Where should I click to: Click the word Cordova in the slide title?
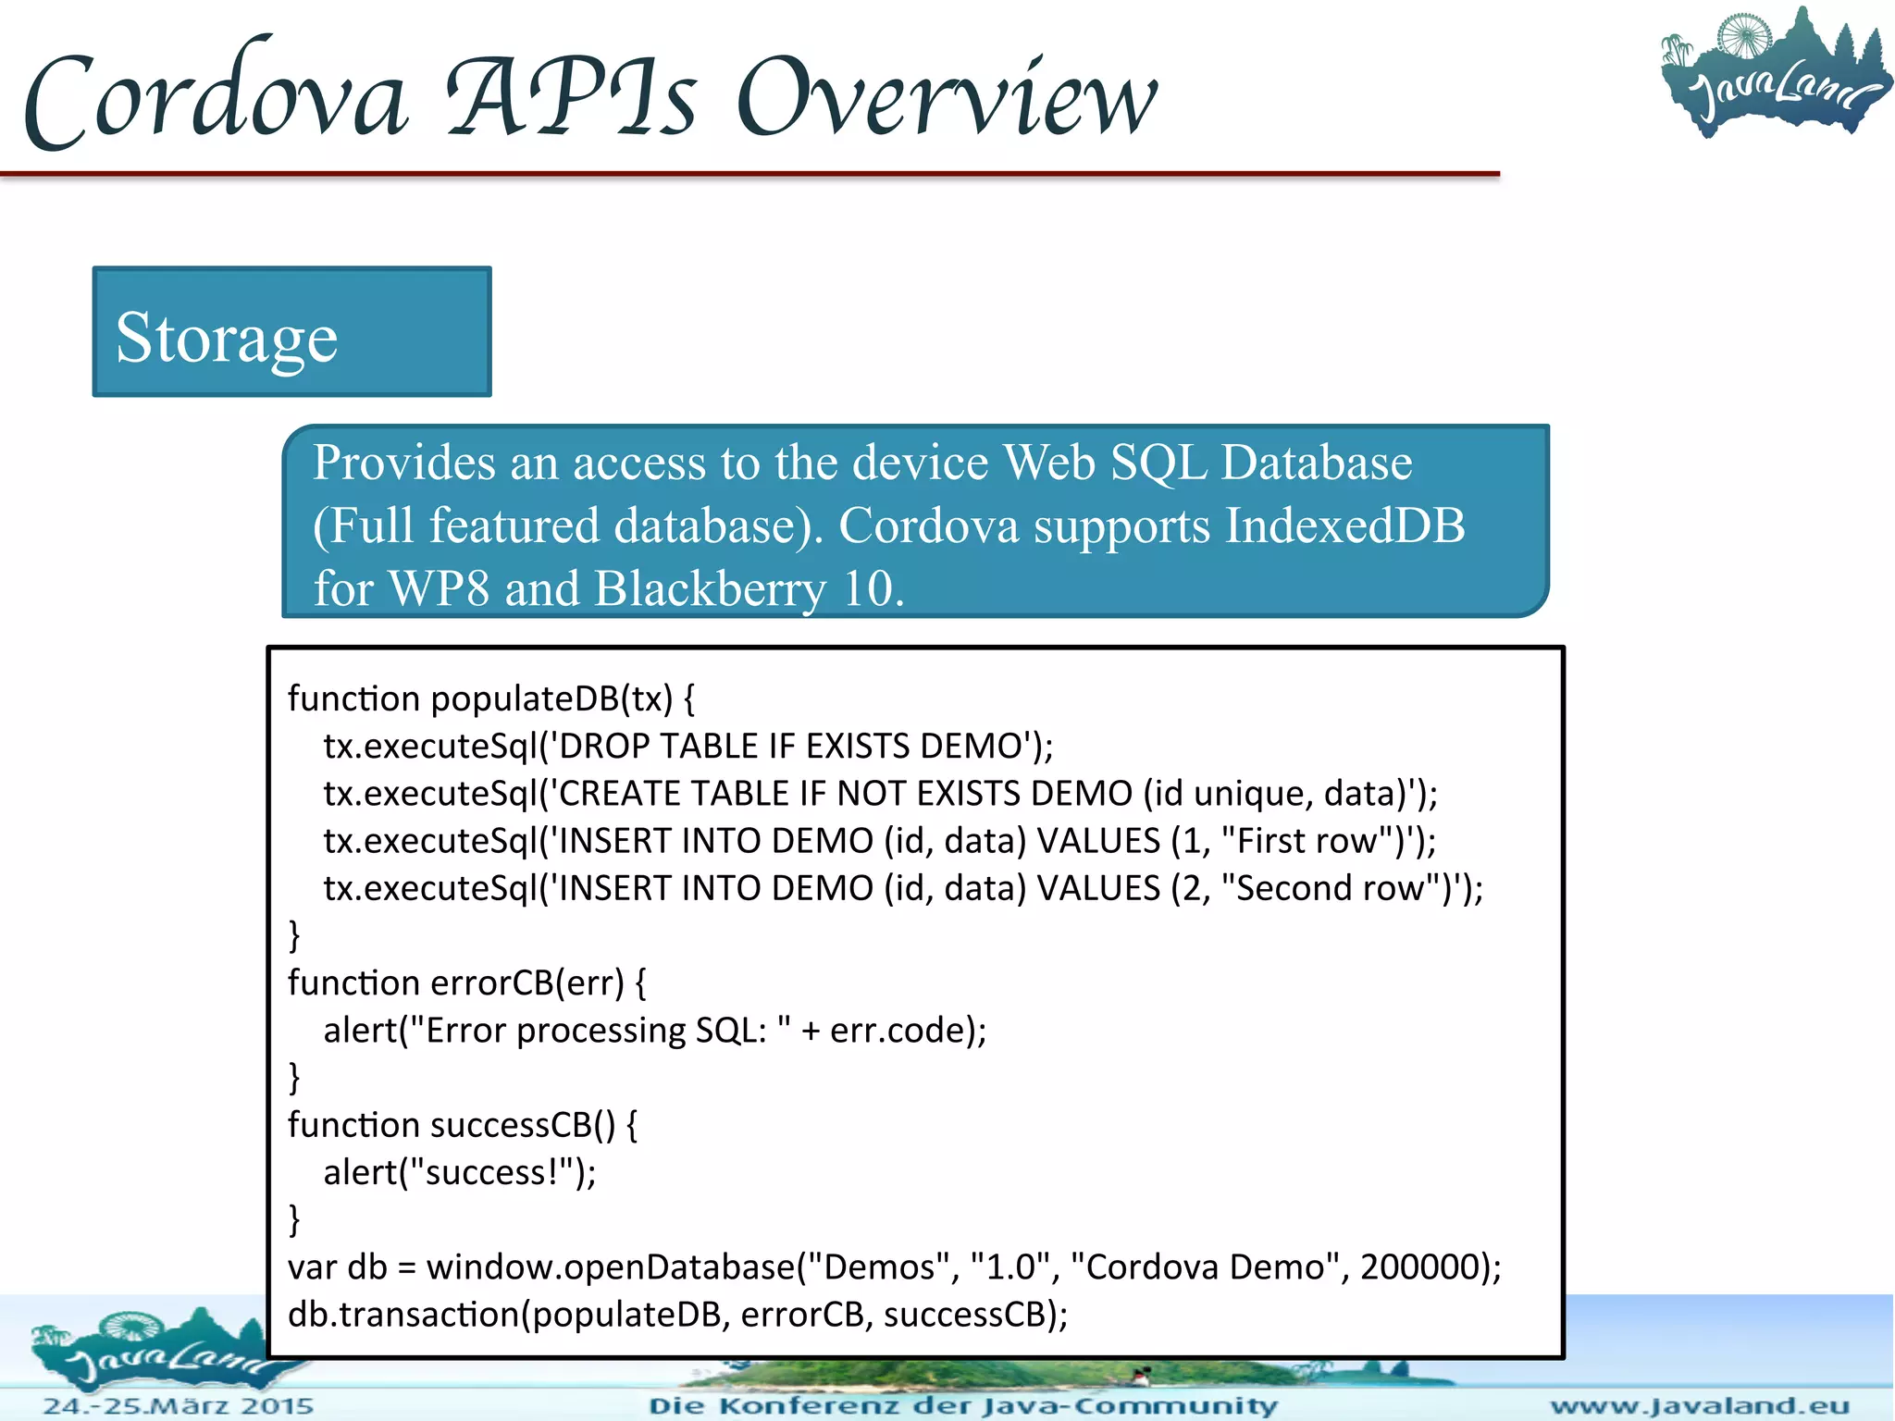click(x=215, y=97)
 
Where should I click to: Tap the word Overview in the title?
click(x=946, y=97)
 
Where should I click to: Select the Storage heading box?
click(x=291, y=332)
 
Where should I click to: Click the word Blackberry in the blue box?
click(x=711, y=588)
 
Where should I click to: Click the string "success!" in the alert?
click(x=491, y=1172)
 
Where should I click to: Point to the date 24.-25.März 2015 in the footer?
click(x=179, y=1406)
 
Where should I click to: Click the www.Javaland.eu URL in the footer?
click(x=1699, y=1406)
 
